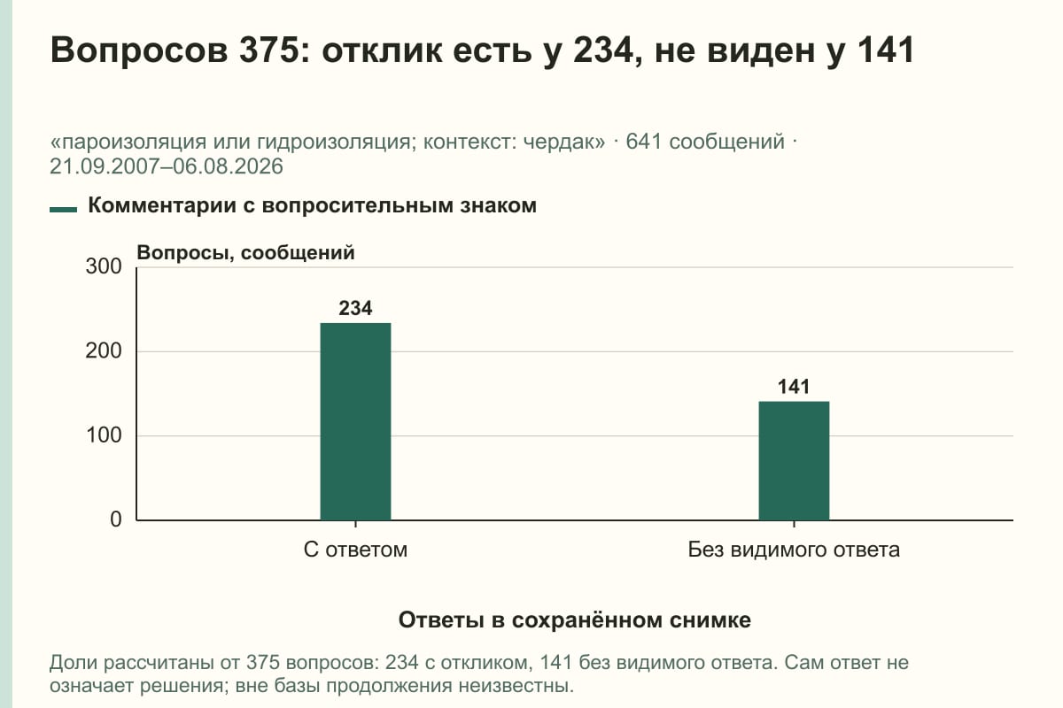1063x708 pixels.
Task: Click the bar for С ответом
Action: [x=355, y=421]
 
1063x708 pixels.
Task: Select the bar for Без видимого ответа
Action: [x=794, y=461]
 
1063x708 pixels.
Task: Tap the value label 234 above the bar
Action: [x=355, y=308]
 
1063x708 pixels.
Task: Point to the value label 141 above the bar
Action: [x=794, y=387]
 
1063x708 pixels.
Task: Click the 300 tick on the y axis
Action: [x=104, y=266]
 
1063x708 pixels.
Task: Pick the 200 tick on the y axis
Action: [x=104, y=351]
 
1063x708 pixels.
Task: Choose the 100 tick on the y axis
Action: [x=104, y=435]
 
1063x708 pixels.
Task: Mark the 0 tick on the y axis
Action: [x=116, y=519]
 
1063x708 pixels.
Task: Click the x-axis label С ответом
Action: [x=355, y=550]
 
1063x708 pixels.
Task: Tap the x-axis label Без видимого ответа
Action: [x=794, y=550]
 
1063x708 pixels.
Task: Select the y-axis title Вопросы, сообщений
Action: [x=246, y=253]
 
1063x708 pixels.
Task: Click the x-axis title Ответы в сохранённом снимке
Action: [x=575, y=619]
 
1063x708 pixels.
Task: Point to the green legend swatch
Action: [x=63, y=209]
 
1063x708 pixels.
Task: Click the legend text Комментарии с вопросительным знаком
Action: [x=312, y=206]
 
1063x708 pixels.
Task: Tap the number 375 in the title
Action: [x=268, y=50]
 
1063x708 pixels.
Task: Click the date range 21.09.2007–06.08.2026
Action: [x=167, y=166]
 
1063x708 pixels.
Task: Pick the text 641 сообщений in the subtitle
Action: [x=705, y=142]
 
